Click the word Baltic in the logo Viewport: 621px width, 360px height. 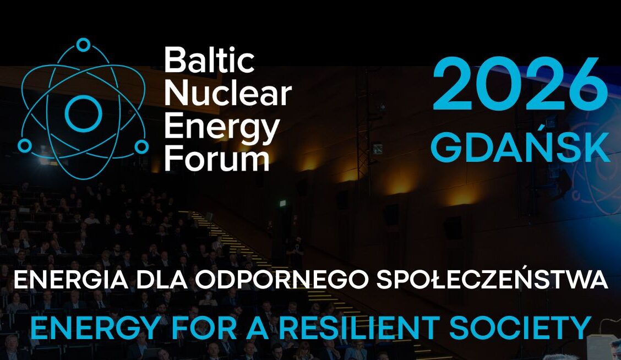tap(210, 60)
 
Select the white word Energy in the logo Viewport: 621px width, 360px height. tap(222, 128)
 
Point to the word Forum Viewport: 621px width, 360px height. tap(217, 159)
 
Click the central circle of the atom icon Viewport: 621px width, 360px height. tap(83, 113)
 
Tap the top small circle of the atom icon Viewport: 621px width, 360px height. tap(83, 45)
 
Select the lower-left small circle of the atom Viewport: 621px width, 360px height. tap(25, 146)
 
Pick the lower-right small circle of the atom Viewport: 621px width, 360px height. tap(141, 146)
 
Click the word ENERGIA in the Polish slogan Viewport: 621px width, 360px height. tap(71, 280)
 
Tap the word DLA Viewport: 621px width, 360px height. tap(162, 280)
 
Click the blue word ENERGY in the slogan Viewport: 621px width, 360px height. tap(95, 328)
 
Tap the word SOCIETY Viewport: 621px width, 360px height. tap(520, 328)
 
